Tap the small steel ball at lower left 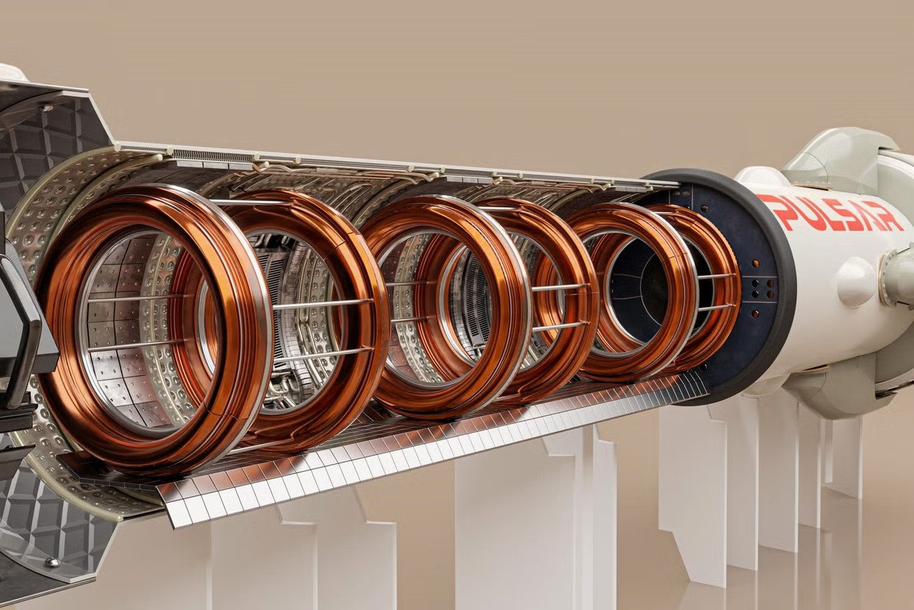point(53,563)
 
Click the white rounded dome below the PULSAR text point(856,282)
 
